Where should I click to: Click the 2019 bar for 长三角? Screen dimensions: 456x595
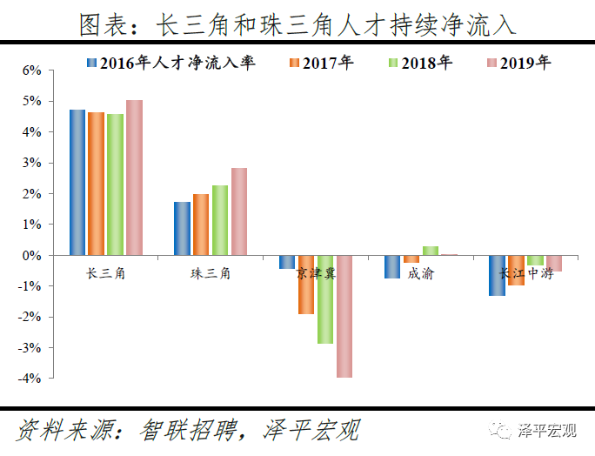click(x=134, y=178)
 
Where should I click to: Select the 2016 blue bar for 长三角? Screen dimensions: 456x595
click(x=77, y=182)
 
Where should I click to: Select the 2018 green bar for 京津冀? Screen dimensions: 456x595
click(x=325, y=299)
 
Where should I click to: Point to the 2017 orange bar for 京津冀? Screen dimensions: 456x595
click(x=306, y=285)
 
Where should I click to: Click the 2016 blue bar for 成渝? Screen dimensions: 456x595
click(x=392, y=266)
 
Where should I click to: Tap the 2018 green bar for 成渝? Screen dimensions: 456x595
click(x=430, y=251)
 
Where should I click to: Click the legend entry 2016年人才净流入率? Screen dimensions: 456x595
click(x=170, y=63)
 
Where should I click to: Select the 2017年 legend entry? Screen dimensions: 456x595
click(x=320, y=63)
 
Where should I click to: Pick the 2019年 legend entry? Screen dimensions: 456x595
click(x=518, y=63)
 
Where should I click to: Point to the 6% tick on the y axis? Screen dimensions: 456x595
click(x=31, y=70)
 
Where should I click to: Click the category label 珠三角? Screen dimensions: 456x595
click(x=211, y=273)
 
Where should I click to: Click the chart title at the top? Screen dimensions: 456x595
click(x=297, y=24)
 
